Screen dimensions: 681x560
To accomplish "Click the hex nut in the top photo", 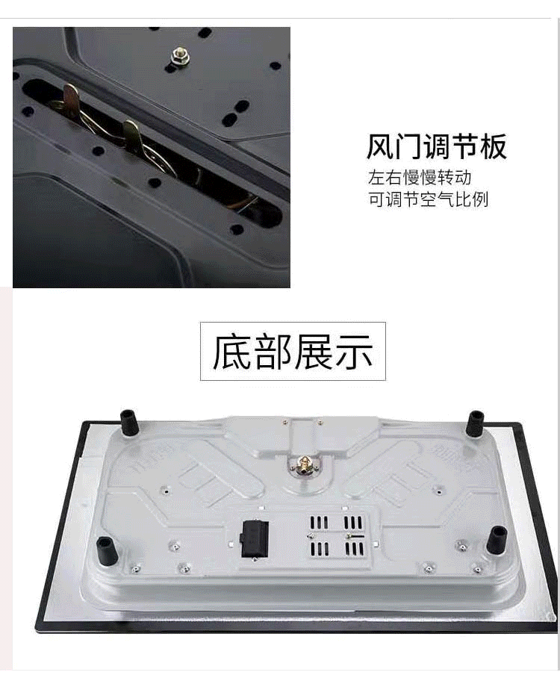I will tap(179, 55).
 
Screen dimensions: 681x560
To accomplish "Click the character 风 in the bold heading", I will tap(380, 146).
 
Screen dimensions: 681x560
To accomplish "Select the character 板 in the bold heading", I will tap(493, 146).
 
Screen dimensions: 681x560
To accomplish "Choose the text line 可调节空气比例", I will tap(428, 200).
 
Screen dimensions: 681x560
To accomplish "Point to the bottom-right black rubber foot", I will tap(497, 539).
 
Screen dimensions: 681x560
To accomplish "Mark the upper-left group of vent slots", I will tap(320, 521).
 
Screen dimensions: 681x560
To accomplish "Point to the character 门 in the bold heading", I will tap(408, 146).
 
